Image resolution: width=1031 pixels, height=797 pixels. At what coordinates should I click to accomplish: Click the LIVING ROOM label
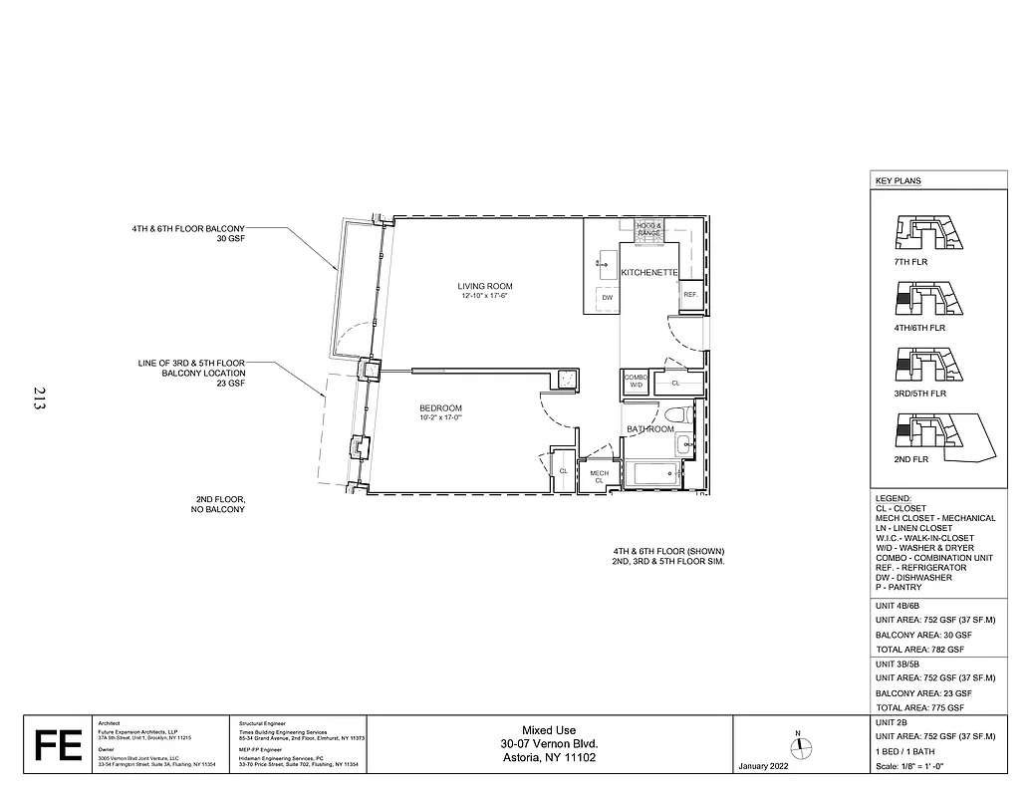[x=485, y=286]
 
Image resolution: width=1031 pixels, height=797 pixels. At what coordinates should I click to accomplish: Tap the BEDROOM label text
[x=439, y=408]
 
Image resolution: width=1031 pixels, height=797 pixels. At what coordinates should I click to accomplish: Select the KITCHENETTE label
[x=649, y=272]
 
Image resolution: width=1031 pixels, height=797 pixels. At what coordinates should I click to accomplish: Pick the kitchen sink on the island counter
[x=603, y=263]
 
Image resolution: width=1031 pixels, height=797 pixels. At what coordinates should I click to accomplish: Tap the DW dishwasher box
[x=606, y=297]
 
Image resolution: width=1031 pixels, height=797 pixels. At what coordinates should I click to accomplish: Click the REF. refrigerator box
[x=689, y=294]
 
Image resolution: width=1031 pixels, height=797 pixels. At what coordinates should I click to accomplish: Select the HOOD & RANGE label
[x=648, y=229]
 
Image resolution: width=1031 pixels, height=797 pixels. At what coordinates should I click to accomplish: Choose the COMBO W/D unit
[x=635, y=383]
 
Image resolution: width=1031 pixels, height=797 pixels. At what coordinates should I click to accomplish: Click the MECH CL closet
[x=599, y=476]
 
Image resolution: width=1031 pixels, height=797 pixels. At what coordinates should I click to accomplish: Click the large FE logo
[x=58, y=745]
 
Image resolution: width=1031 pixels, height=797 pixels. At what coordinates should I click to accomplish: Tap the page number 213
[x=38, y=398]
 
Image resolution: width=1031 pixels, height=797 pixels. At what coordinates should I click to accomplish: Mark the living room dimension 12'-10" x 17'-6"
[x=486, y=297]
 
